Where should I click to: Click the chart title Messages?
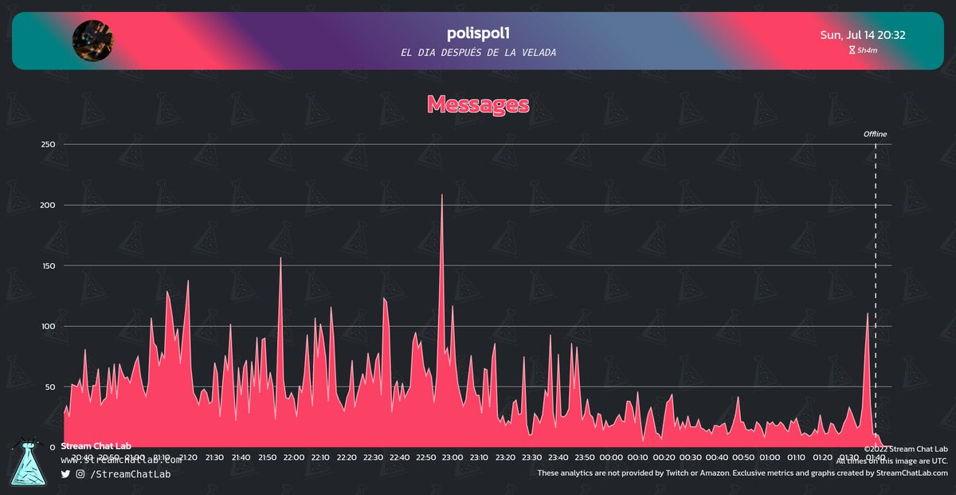pos(478,104)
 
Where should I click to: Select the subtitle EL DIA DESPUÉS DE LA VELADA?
pos(478,53)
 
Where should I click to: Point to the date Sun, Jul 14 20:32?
pos(862,35)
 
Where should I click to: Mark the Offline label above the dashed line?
pos(875,134)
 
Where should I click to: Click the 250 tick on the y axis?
pos(49,144)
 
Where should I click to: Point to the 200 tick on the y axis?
pos(49,205)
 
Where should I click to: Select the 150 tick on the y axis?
pos(49,265)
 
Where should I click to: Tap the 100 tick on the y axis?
pos(49,326)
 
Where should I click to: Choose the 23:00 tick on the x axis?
pos(452,458)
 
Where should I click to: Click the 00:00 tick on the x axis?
pos(611,458)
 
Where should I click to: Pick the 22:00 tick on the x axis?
pos(293,458)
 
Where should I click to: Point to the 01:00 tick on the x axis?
pos(770,458)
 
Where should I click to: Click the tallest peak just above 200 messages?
pos(442,195)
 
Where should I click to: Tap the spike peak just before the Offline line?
pos(868,314)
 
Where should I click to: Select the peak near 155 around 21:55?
pos(280,258)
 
